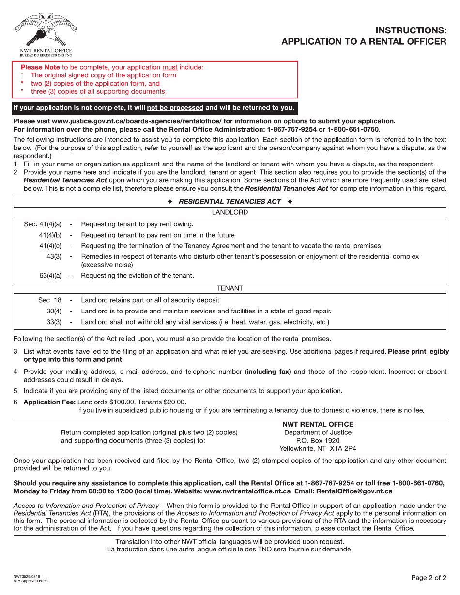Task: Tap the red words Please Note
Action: click(x=40, y=67)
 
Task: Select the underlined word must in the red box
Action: click(x=169, y=67)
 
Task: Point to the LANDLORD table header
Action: click(x=230, y=212)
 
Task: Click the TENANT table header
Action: click(x=230, y=288)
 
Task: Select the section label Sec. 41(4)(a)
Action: click(x=43, y=224)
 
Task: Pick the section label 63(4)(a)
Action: click(x=50, y=276)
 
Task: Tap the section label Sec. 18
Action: click(x=50, y=300)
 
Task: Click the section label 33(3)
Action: click(x=54, y=322)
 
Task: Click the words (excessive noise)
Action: click(x=107, y=265)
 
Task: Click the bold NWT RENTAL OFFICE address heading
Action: click(x=318, y=424)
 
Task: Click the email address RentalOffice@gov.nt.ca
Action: click(x=354, y=491)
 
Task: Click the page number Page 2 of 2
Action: click(x=429, y=578)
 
